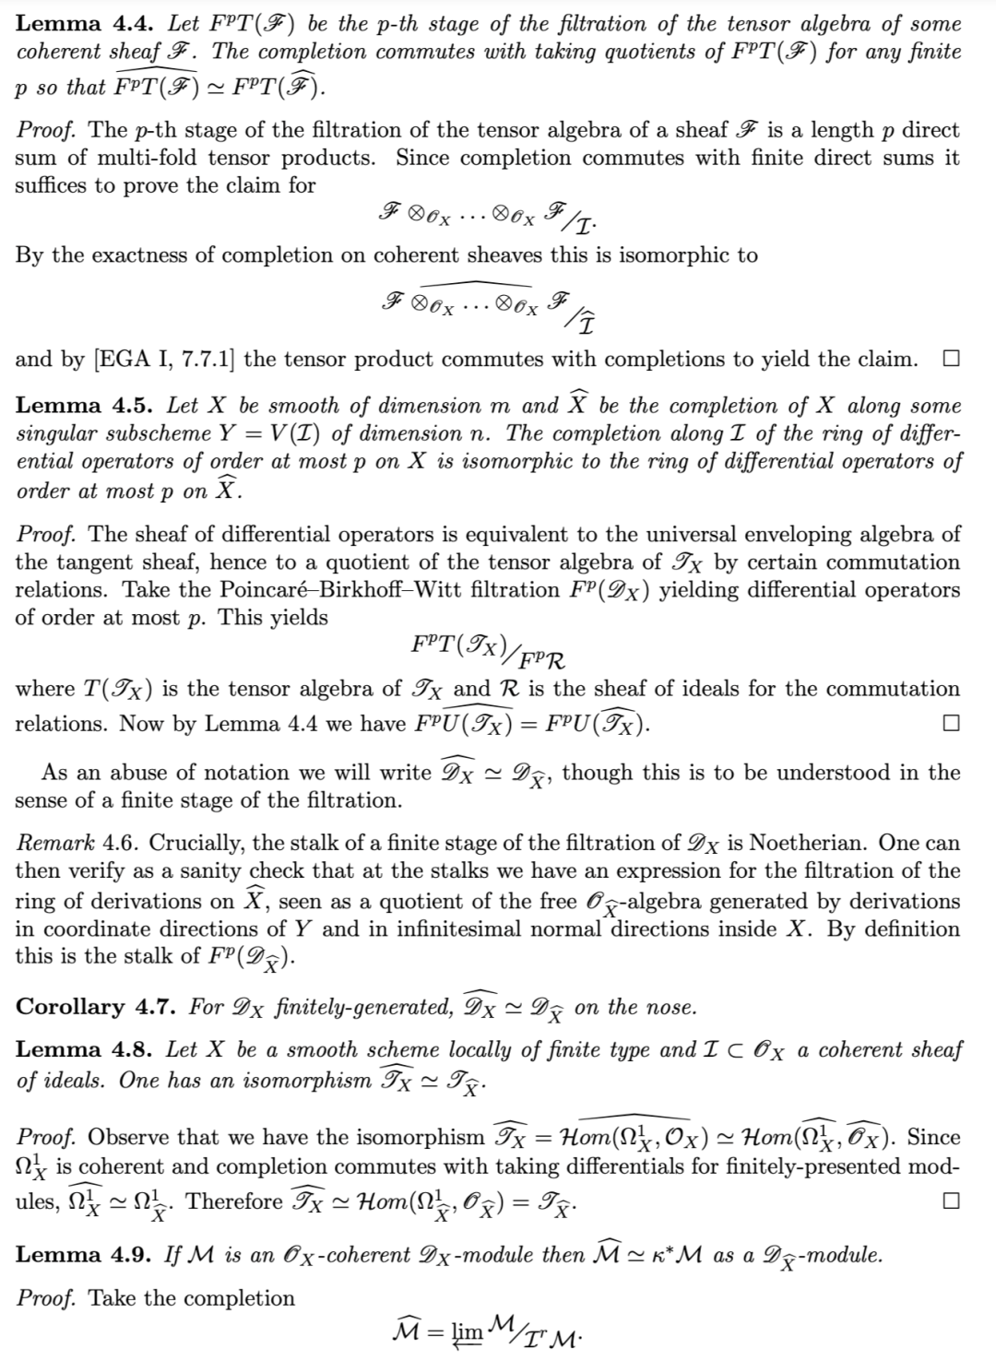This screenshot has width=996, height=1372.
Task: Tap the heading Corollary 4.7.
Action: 96,1008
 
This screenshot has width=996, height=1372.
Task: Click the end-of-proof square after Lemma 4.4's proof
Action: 951,360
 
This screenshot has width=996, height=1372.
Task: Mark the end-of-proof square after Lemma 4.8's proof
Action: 951,1202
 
